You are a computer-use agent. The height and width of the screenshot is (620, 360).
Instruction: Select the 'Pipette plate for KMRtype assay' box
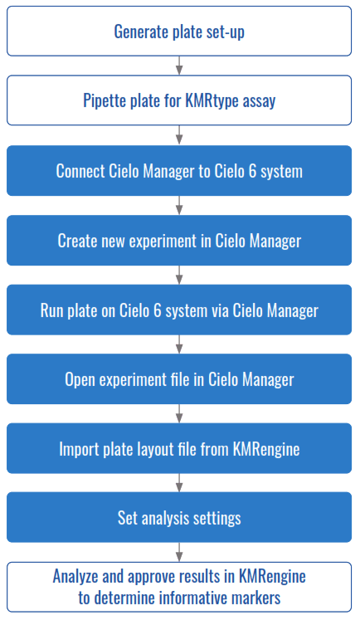click(x=179, y=101)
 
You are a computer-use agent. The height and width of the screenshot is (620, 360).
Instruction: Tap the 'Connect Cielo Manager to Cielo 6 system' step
click(x=179, y=171)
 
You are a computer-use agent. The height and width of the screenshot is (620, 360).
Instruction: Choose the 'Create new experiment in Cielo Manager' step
click(x=179, y=241)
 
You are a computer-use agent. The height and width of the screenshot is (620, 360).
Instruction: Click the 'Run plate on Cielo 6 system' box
click(x=179, y=310)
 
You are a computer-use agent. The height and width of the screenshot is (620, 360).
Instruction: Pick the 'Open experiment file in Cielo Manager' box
click(x=179, y=379)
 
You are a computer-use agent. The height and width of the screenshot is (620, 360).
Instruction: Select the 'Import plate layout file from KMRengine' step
click(x=179, y=449)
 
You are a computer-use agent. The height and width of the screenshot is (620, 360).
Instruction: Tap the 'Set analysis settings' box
click(x=179, y=518)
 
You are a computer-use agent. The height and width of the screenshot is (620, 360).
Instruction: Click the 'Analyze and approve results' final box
click(x=179, y=585)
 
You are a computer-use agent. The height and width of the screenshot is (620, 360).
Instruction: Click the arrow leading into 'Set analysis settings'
click(x=179, y=484)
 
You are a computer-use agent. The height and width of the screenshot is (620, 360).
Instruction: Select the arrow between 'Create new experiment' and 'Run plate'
click(x=179, y=276)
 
